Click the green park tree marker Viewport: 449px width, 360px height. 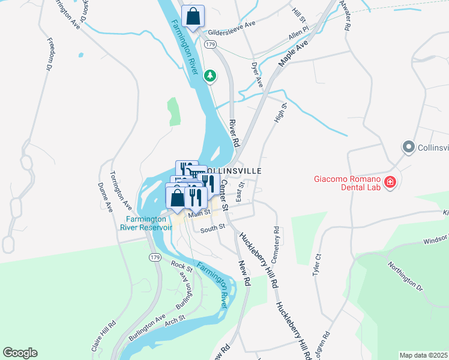209,76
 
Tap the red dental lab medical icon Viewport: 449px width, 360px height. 391,181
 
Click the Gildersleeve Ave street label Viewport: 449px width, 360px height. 232,33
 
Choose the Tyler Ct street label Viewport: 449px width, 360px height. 318,264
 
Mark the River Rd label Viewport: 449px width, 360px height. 234,133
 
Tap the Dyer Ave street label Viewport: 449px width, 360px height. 257,74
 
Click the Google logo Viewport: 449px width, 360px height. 20,353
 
